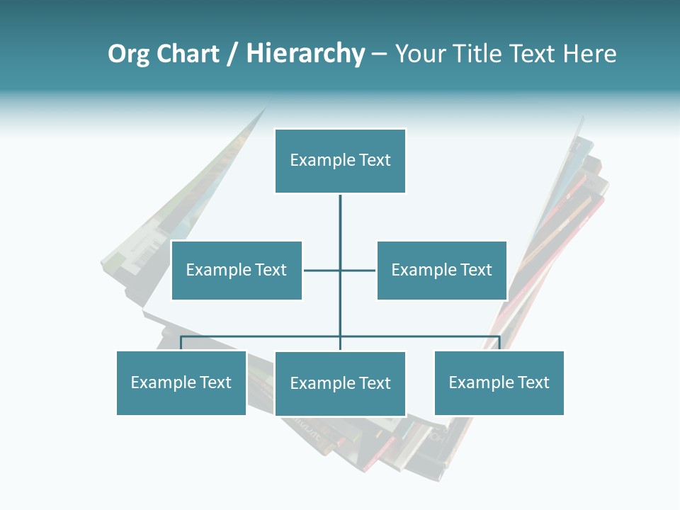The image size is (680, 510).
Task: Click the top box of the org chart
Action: (340, 161)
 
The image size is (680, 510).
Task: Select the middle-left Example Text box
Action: (237, 270)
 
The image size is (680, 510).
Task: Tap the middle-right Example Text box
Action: (441, 270)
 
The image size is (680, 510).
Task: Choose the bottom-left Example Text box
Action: (181, 382)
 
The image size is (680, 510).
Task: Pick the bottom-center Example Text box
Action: (340, 383)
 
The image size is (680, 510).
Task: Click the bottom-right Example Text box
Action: (499, 382)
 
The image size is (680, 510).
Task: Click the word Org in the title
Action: (128, 54)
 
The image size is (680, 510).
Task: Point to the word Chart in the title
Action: (188, 54)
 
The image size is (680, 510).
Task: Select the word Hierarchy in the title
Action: (305, 54)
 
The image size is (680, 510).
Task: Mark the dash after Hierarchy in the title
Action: (380, 55)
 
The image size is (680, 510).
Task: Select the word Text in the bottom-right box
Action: (533, 382)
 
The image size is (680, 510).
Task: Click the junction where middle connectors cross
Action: (340, 270)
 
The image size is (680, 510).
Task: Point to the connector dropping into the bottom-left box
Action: (181, 344)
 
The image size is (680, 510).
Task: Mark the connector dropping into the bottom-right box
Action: (499, 344)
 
